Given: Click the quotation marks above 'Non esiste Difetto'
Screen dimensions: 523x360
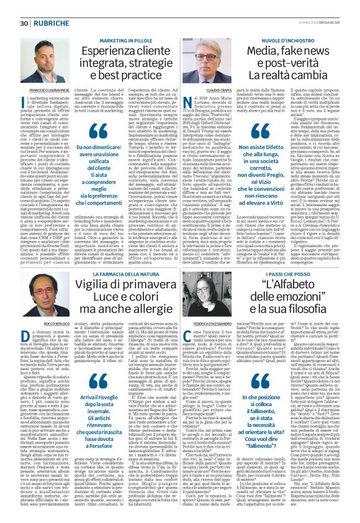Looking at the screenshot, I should pos(243,132).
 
